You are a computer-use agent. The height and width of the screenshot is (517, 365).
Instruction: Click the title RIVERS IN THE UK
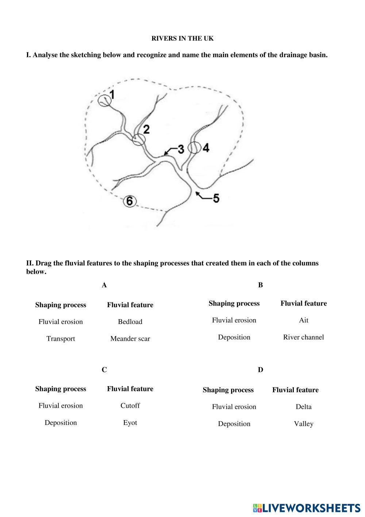(x=182, y=38)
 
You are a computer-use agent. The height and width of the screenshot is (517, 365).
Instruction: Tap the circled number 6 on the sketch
(x=130, y=201)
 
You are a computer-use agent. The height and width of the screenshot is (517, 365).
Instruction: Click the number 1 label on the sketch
(x=112, y=95)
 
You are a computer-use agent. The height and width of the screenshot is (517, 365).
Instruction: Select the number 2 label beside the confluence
(x=146, y=129)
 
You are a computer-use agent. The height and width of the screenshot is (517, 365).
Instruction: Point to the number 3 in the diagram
(x=180, y=149)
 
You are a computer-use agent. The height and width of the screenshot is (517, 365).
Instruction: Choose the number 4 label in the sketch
(x=206, y=148)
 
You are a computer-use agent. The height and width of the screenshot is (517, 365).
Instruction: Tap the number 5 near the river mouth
(x=216, y=199)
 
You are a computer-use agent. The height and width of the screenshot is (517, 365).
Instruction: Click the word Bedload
(x=130, y=322)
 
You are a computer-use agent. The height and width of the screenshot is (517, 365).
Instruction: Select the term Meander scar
(x=130, y=339)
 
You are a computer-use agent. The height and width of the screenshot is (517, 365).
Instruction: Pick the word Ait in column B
(x=303, y=320)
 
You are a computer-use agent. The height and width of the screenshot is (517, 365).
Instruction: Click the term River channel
(x=303, y=337)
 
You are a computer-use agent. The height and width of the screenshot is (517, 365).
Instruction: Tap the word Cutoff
(x=130, y=405)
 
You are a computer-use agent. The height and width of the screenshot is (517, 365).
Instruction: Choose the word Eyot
(x=130, y=423)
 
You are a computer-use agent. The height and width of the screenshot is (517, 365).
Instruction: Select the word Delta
(x=303, y=407)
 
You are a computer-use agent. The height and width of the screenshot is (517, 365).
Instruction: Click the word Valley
(x=303, y=424)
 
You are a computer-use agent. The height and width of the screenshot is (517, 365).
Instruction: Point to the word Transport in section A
(x=61, y=339)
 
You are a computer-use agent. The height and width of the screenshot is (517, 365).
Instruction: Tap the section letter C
(x=104, y=370)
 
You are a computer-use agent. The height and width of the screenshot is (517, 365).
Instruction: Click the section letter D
(x=260, y=370)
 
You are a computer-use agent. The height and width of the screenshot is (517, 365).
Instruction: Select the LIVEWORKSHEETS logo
(x=307, y=507)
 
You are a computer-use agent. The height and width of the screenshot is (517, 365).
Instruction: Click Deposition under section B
(x=234, y=337)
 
